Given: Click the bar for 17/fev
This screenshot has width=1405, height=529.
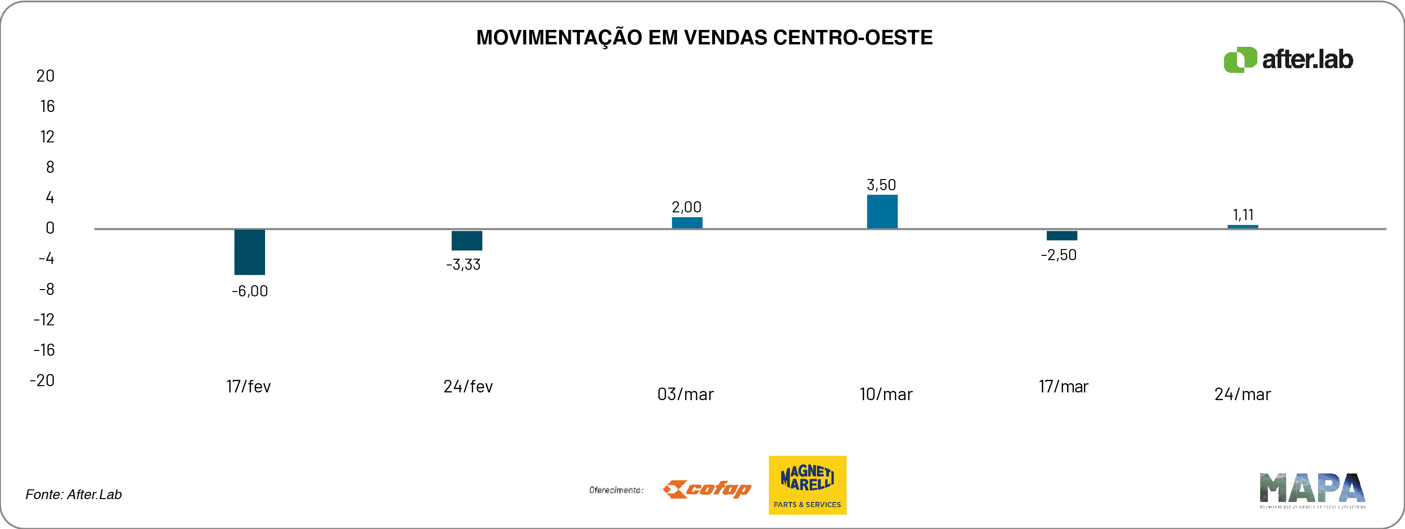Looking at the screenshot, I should pyautogui.click(x=249, y=252).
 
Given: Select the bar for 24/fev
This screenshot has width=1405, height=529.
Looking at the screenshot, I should pyautogui.click(x=466, y=240).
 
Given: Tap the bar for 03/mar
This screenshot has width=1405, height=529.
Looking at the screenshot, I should pyautogui.click(x=687, y=223).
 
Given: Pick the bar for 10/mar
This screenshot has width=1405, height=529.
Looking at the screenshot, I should pyautogui.click(x=882, y=211).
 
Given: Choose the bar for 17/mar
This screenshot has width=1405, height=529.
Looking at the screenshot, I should pyautogui.click(x=1061, y=236).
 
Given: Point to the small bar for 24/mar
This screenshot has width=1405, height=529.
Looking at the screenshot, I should pyautogui.click(x=1242, y=226).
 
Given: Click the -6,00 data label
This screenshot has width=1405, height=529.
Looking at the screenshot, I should pyautogui.click(x=250, y=291).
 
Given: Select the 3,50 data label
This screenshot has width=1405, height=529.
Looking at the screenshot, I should pyautogui.click(x=882, y=185).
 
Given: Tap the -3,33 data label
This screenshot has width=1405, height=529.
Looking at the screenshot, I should pyautogui.click(x=464, y=265).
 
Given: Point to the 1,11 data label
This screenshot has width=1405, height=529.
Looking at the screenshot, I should pyautogui.click(x=1243, y=215).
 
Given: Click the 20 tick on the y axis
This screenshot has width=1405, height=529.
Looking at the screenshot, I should pyautogui.click(x=45, y=76).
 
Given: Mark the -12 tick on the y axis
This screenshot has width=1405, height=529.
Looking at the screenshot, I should pyautogui.click(x=44, y=320).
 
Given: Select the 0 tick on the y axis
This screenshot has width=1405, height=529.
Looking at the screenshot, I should pyautogui.click(x=50, y=228).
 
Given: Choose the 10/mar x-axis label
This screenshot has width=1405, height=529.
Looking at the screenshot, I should pyautogui.click(x=886, y=394).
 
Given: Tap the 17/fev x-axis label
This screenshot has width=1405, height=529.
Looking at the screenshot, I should pyautogui.click(x=249, y=387).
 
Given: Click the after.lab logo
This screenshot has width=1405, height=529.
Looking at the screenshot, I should pyautogui.click(x=1288, y=59).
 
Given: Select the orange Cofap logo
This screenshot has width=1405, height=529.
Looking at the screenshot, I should pyautogui.click(x=706, y=489).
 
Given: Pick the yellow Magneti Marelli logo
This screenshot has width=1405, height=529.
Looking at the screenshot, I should pyautogui.click(x=807, y=485).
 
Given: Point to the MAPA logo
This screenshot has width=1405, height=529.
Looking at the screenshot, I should pyautogui.click(x=1312, y=490).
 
